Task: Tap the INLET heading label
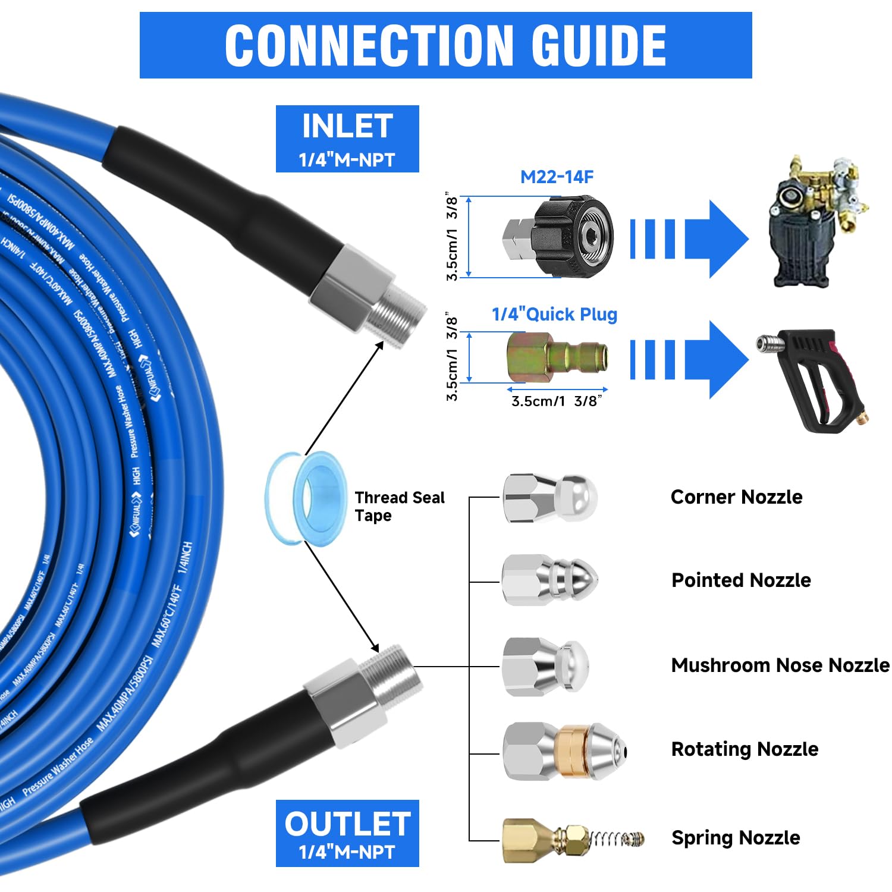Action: (347, 127)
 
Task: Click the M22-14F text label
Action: (557, 177)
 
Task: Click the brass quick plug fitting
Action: (557, 357)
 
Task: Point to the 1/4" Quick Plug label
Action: (554, 314)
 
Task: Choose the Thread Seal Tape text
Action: (398, 506)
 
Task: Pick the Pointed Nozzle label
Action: (741, 580)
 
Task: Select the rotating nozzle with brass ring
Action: (564, 752)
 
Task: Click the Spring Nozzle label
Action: (736, 837)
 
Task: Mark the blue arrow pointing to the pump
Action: (714, 239)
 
